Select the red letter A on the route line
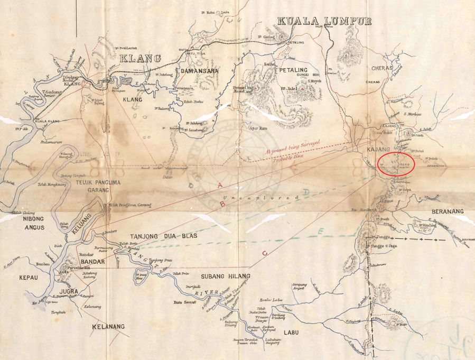[x=219, y=186]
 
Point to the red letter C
[x=264, y=254]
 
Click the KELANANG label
[x=108, y=327]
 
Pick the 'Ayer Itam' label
[x=256, y=128]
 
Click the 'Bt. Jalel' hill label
[x=290, y=88]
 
